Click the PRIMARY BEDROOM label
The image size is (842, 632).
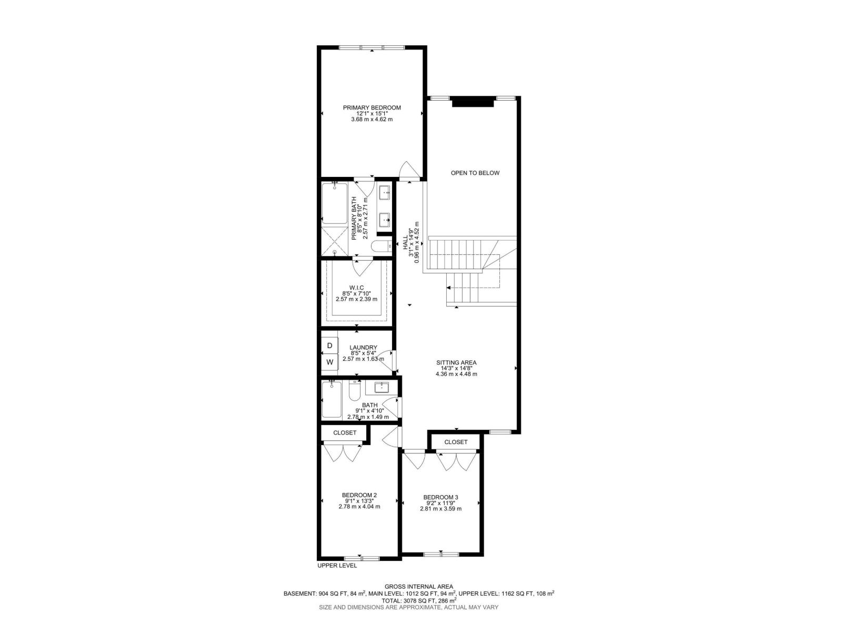pos(372,108)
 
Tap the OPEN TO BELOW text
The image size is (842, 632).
pos(475,173)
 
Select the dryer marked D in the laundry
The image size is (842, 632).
pos(329,345)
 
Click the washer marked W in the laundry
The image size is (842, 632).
pos(329,362)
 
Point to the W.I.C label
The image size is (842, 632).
pos(356,288)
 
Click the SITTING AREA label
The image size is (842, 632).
pos(456,363)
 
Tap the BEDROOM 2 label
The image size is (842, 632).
pos(359,495)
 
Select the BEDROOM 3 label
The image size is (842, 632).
pos(441,497)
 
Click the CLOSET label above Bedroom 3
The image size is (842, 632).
pos(456,442)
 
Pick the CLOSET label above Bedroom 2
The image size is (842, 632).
pos(345,432)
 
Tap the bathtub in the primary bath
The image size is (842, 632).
pos(335,203)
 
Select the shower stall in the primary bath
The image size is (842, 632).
pos(335,241)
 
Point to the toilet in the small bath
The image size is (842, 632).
pos(354,391)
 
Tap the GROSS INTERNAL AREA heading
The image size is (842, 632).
pos(419,587)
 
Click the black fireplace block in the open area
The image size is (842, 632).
pos(473,102)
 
